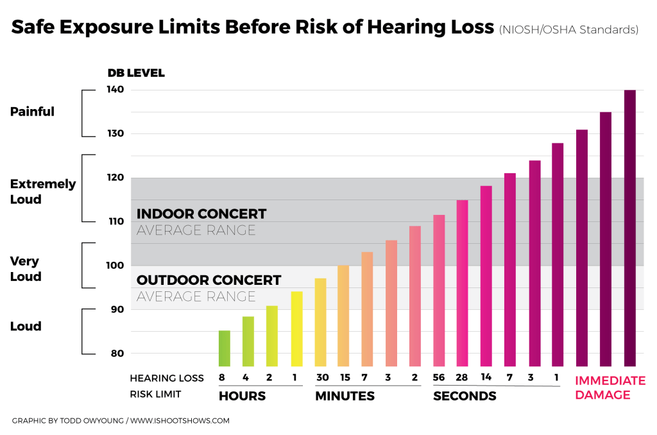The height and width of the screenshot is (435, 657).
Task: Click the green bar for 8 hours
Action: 224,348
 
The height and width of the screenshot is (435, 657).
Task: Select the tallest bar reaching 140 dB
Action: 630,228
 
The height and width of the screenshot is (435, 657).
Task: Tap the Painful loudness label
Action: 32,112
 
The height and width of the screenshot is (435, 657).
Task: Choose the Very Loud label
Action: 26,269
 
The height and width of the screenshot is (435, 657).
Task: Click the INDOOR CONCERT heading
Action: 201,214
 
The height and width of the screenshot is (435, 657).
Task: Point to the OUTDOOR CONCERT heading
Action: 209,280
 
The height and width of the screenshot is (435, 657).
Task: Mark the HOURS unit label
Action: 243,396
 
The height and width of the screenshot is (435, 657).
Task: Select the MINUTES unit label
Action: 345,396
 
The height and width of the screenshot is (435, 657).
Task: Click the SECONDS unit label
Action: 465,396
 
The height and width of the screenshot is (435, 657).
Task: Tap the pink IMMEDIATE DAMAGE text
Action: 610,388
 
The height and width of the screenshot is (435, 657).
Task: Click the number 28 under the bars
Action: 462,378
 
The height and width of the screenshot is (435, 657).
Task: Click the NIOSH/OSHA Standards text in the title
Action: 568,30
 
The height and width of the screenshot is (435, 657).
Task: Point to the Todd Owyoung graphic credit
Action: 121,421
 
